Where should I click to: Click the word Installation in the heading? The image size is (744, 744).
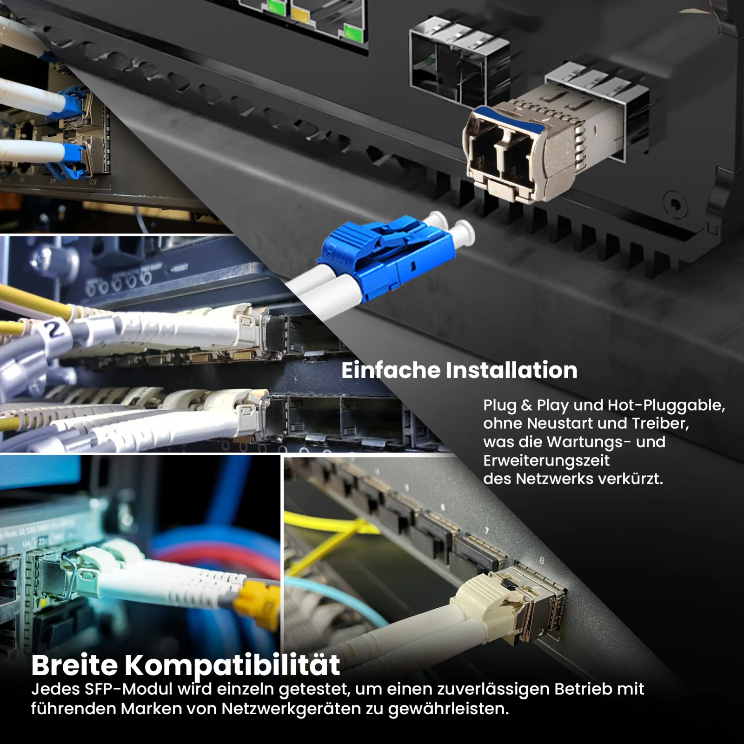(511, 370)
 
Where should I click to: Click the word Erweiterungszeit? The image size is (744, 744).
(546, 461)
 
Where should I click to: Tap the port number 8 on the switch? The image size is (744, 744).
(541, 561)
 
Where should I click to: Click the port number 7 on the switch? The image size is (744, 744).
(487, 531)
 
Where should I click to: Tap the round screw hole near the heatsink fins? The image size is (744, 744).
(675, 204)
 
